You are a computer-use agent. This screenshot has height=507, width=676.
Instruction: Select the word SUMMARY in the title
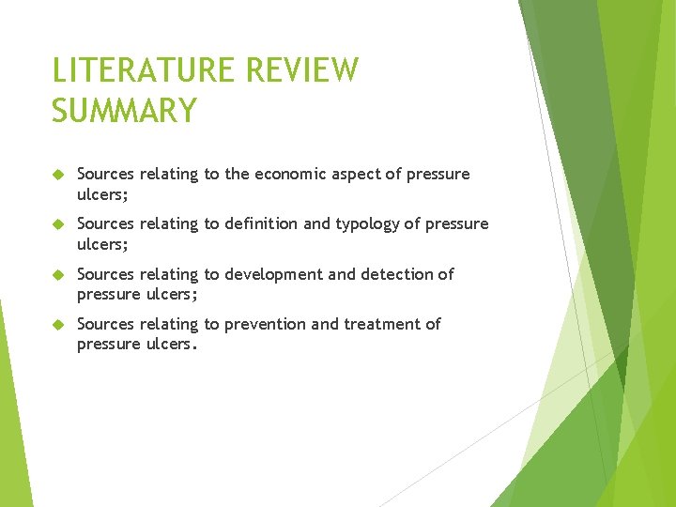[124, 111]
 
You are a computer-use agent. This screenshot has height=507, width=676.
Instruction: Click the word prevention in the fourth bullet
[266, 324]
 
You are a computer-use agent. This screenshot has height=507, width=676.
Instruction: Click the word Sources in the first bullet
[105, 174]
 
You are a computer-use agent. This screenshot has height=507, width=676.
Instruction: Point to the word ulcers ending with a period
[172, 343]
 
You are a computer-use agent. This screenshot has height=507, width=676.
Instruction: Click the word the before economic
[237, 174]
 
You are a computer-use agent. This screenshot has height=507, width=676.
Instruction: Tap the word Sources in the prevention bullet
[105, 324]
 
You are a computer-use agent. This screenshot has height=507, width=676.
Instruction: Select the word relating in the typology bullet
[168, 223]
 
